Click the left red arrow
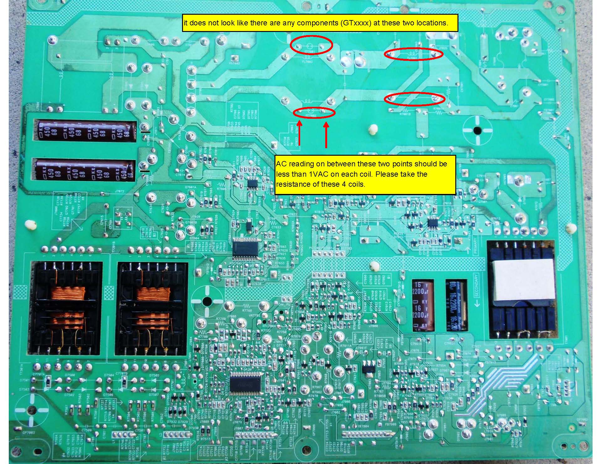[x=299, y=134]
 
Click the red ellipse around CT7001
[x=311, y=45]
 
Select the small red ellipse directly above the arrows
[x=314, y=113]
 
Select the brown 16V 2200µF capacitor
[x=423, y=305]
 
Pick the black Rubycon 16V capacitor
[x=456, y=305]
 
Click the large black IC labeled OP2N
[x=246, y=383]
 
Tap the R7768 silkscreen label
[x=247, y=310]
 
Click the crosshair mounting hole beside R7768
[x=207, y=302]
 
